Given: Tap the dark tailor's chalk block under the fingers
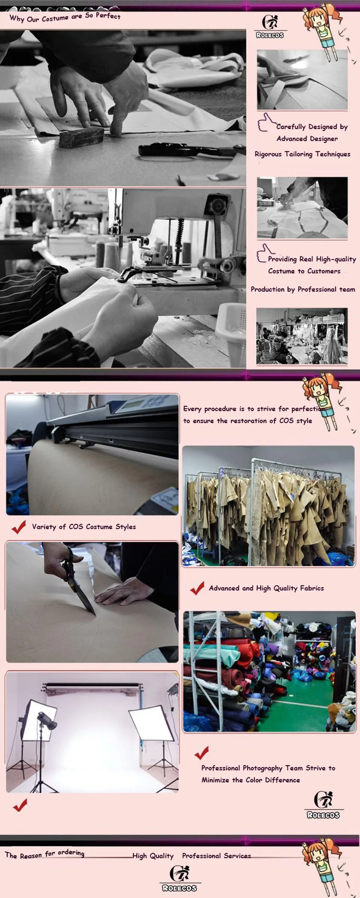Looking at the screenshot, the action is click(x=81, y=136).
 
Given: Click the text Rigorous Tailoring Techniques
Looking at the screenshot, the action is click(x=302, y=154).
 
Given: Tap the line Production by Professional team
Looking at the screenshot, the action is click(x=303, y=289).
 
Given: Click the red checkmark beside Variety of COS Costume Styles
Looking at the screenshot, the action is click(x=19, y=527).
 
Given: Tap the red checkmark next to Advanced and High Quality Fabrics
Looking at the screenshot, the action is click(x=197, y=588).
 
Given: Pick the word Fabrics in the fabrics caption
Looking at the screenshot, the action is click(x=312, y=588).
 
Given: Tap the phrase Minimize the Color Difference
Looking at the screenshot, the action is click(x=250, y=780).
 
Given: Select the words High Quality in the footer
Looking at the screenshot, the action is click(x=153, y=856).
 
